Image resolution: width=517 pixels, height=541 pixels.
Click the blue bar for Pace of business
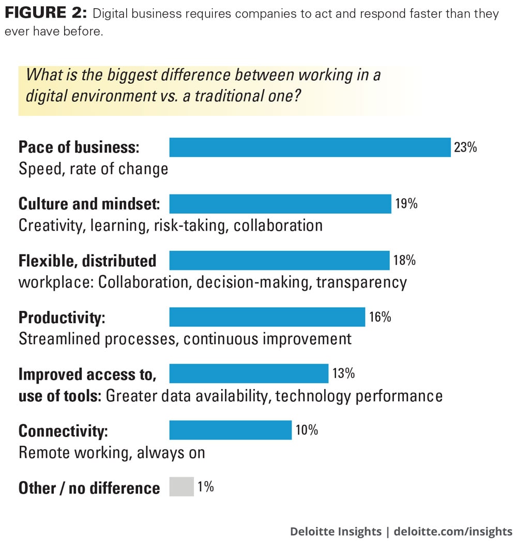point(310,147)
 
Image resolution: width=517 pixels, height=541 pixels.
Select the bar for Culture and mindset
point(280,204)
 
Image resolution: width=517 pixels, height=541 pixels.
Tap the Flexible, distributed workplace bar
point(279,260)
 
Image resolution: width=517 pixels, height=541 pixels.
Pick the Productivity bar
point(267,317)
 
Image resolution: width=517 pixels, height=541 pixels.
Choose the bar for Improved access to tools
point(249,373)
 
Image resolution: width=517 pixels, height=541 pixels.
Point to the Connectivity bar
point(231,430)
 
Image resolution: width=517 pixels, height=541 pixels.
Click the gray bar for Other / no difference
point(181,487)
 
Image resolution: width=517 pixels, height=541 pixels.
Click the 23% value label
point(465,147)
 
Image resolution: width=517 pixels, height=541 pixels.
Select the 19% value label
point(406,204)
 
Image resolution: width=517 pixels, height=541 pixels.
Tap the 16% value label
point(380,317)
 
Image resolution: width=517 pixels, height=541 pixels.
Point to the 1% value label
point(205,487)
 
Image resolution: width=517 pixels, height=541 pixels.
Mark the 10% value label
point(307,430)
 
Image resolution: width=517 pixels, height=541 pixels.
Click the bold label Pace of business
point(79,147)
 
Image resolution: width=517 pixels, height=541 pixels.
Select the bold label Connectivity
point(64,430)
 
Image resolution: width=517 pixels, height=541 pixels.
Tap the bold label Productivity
point(62,317)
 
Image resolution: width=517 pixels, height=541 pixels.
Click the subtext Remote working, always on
point(112,453)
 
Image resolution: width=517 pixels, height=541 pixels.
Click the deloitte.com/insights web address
point(453,531)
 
